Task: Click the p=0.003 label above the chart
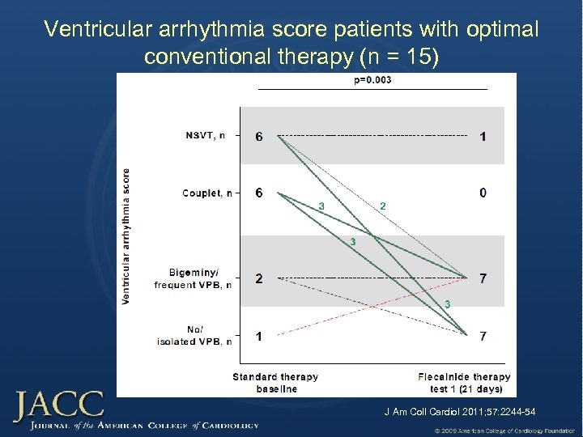point(372,80)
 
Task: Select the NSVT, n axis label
point(206,136)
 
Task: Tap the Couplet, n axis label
point(206,193)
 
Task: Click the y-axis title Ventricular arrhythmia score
point(126,236)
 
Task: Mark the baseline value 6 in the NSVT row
point(258,137)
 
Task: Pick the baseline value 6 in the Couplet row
point(258,193)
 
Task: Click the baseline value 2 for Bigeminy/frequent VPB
point(258,278)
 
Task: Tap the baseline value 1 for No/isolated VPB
point(258,335)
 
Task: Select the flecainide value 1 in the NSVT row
point(483,137)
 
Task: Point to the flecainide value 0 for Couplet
point(483,193)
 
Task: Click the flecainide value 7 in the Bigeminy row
point(483,278)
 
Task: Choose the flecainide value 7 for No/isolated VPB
point(483,335)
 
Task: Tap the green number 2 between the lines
point(382,206)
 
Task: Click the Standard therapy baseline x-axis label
point(275,383)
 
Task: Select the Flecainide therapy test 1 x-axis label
point(464,383)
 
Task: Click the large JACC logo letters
point(58,405)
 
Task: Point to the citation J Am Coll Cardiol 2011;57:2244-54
point(459,413)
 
